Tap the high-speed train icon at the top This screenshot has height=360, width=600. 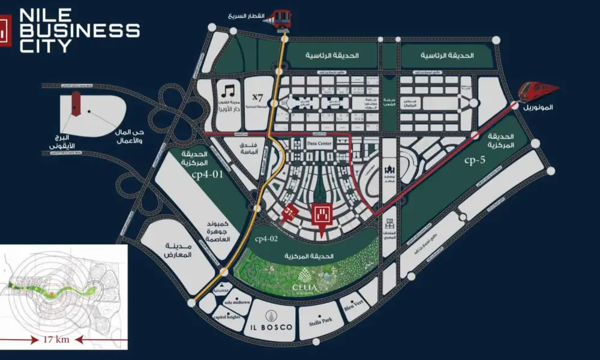[x=280, y=19]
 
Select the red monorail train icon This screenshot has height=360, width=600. [x=538, y=92]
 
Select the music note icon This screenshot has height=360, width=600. [x=227, y=92]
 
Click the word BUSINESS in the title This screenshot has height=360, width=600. [x=79, y=31]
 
